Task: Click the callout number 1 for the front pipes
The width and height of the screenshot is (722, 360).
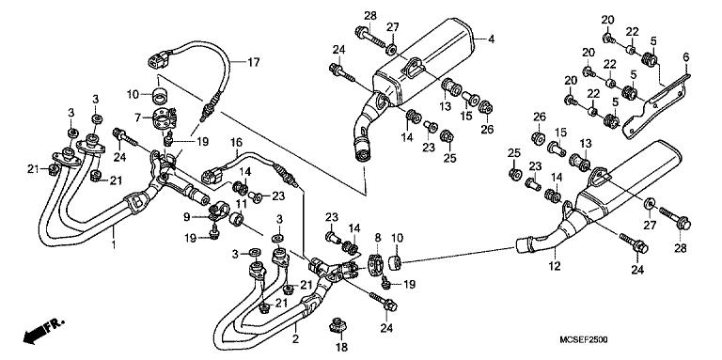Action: point(114,245)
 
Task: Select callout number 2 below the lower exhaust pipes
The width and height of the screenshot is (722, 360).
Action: point(295,338)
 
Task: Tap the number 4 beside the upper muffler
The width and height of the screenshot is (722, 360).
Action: point(491,39)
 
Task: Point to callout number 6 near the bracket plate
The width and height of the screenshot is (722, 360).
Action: point(685,56)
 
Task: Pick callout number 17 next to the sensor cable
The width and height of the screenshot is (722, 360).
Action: point(252,62)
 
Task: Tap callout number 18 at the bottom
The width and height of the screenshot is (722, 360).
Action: point(340,347)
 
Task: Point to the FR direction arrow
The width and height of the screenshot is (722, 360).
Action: point(41,332)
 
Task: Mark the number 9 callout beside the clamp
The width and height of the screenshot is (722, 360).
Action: point(187,215)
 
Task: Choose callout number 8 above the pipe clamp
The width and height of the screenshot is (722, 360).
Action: point(377,239)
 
